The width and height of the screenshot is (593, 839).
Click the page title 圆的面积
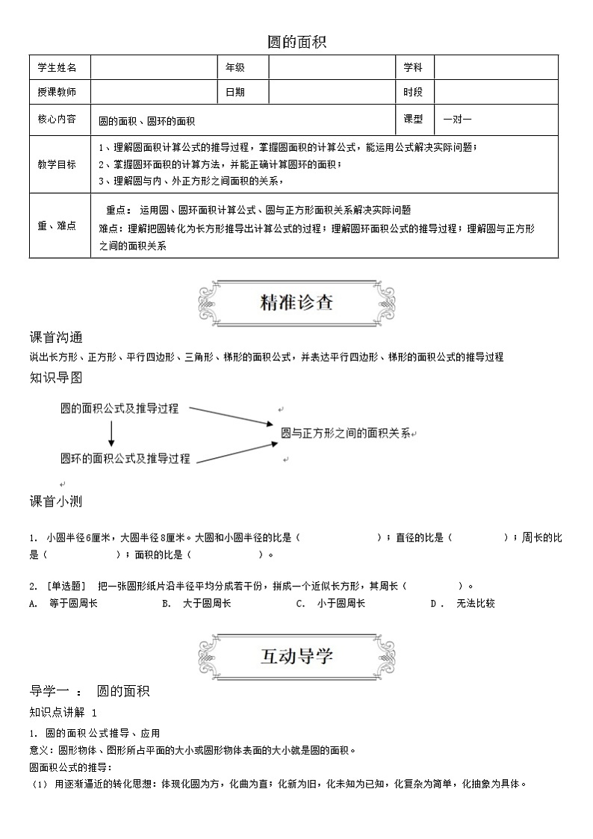click(x=296, y=43)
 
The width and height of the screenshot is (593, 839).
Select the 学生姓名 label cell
click(x=57, y=67)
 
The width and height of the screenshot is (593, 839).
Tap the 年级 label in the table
click(x=235, y=67)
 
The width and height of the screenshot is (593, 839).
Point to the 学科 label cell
click(x=413, y=67)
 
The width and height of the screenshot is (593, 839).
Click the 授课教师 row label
click(x=57, y=92)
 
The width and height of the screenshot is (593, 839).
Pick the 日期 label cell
click(x=235, y=92)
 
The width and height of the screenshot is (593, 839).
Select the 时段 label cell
click(x=413, y=92)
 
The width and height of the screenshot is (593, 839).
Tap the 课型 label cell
click(x=413, y=119)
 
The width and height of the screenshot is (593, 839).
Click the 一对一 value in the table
click(x=457, y=119)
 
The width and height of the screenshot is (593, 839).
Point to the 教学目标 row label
click(x=57, y=164)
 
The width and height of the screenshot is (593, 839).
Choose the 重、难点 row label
click(x=57, y=226)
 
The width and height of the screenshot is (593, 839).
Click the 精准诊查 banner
click(x=296, y=302)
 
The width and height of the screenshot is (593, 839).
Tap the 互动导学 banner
click(x=296, y=656)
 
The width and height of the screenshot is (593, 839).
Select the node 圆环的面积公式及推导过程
click(x=125, y=458)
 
